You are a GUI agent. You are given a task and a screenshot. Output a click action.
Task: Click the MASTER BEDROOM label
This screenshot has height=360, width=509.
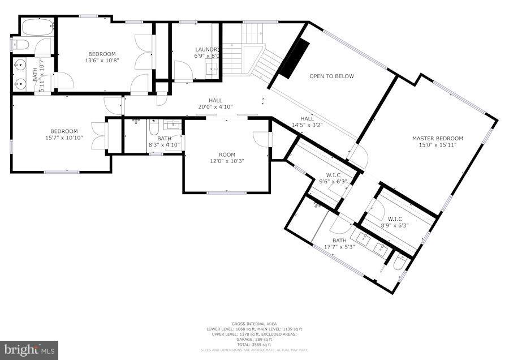click(x=437, y=138)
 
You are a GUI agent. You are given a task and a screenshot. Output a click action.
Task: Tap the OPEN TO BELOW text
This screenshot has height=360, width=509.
click(x=331, y=76)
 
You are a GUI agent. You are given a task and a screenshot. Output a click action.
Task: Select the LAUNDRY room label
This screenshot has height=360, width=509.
click(x=206, y=49)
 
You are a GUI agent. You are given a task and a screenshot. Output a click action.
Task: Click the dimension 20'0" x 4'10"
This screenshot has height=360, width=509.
click(x=215, y=106)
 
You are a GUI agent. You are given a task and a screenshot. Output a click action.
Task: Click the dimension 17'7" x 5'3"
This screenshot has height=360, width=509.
click(x=339, y=247)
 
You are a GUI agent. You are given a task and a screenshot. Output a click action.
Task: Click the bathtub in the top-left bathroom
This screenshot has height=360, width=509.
click(x=37, y=25)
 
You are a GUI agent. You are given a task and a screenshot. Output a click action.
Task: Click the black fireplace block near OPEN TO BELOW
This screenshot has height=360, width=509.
click(x=293, y=59)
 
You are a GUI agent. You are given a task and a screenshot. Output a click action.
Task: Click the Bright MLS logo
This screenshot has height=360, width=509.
click(x=29, y=350)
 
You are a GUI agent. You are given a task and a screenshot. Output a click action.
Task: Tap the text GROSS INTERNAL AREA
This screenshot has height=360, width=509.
click(x=254, y=324)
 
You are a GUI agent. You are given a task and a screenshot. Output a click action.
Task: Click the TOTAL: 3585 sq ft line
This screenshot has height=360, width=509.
click(x=254, y=345)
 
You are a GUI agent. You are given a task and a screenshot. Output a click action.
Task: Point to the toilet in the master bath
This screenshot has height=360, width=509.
click(x=398, y=265)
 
